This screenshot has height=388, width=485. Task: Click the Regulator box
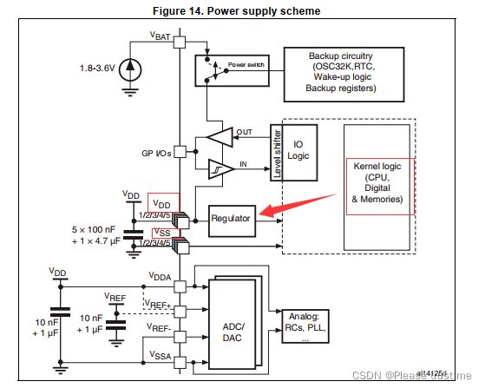click(232, 221)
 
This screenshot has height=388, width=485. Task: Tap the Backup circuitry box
click(344, 75)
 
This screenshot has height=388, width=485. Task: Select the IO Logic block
click(299, 153)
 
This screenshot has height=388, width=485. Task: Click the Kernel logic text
click(377, 167)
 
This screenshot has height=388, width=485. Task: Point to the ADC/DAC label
click(233, 332)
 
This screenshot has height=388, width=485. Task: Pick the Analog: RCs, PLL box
click(305, 326)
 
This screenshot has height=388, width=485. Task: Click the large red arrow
click(298, 205)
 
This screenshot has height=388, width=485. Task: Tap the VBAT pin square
click(180, 42)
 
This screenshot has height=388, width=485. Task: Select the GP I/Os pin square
click(180, 152)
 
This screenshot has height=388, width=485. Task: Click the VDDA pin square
click(180, 286)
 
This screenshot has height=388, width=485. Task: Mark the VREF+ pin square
click(180, 312)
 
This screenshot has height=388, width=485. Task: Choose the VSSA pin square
click(180, 362)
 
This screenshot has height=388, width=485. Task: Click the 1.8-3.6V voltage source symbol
click(130, 70)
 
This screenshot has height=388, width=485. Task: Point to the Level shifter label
click(277, 154)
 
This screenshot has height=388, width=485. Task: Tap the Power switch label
click(246, 64)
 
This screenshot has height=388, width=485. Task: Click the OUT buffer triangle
click(220, 137)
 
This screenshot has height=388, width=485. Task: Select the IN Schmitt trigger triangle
click(221, 169)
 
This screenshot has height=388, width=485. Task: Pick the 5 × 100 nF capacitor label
click(94, 229)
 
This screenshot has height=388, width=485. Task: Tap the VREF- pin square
click(180, 337)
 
